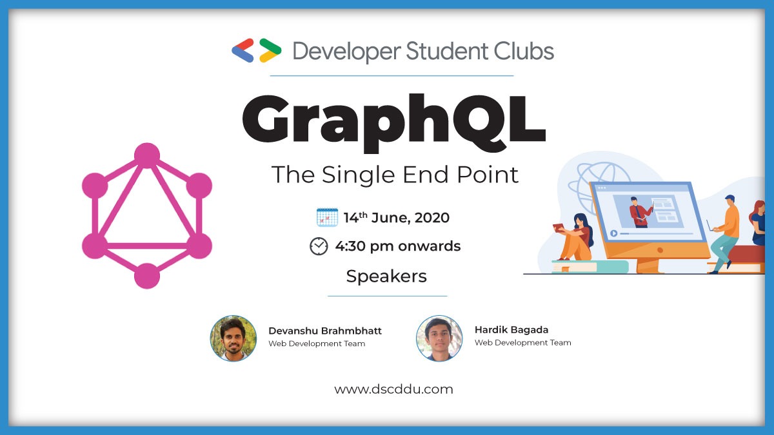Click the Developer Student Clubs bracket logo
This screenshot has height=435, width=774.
click(257, 50)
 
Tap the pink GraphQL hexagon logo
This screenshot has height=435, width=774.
click(147, 215)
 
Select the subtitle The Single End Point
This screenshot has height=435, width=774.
click(395, 175)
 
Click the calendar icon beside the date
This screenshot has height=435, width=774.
click(327, 217)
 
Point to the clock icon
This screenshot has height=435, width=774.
click(319, 246)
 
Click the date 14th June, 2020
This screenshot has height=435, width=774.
click(396, 218)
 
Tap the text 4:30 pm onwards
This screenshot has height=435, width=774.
click(397, 246)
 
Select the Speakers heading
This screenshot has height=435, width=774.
click(386, 276)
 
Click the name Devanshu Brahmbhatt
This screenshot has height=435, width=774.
click(325, 331)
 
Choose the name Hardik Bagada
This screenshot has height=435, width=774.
click(511, 329)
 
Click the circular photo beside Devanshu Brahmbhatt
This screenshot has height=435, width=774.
click(233, 338)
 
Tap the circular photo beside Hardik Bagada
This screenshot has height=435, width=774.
click(439, 338)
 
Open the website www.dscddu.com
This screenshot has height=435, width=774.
click(393, 389)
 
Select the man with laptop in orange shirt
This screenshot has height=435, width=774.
click(725, 232)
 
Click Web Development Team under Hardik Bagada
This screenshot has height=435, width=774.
click(522, 343)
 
